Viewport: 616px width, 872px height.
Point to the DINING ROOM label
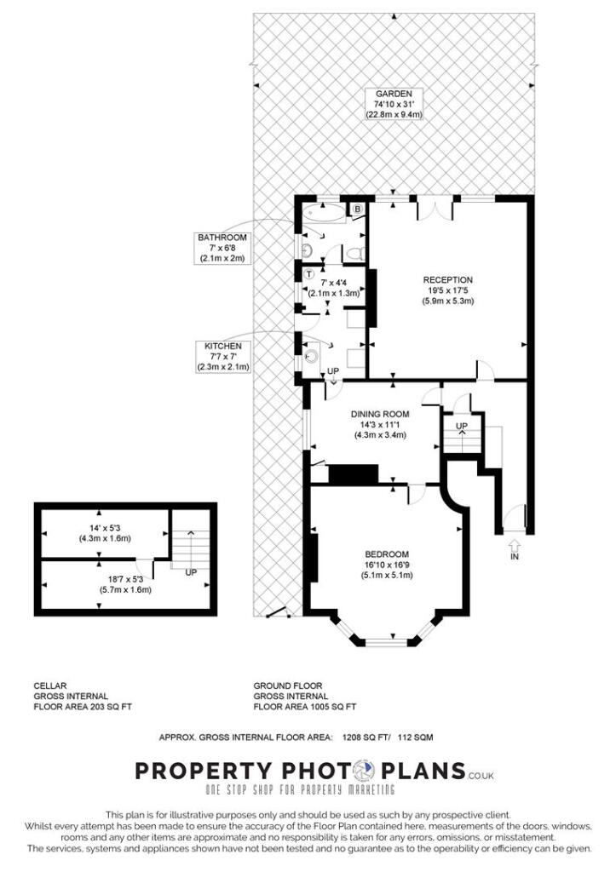(x=379, y=415)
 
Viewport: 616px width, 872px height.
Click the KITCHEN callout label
(x=223, y=347)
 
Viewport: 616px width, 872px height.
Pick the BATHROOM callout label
(x=222, y=237)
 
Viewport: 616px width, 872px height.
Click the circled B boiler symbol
(x=358, y=209)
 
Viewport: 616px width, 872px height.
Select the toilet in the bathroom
(x=356, y=253)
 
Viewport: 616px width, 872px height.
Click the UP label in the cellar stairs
(x=191, y=572)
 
